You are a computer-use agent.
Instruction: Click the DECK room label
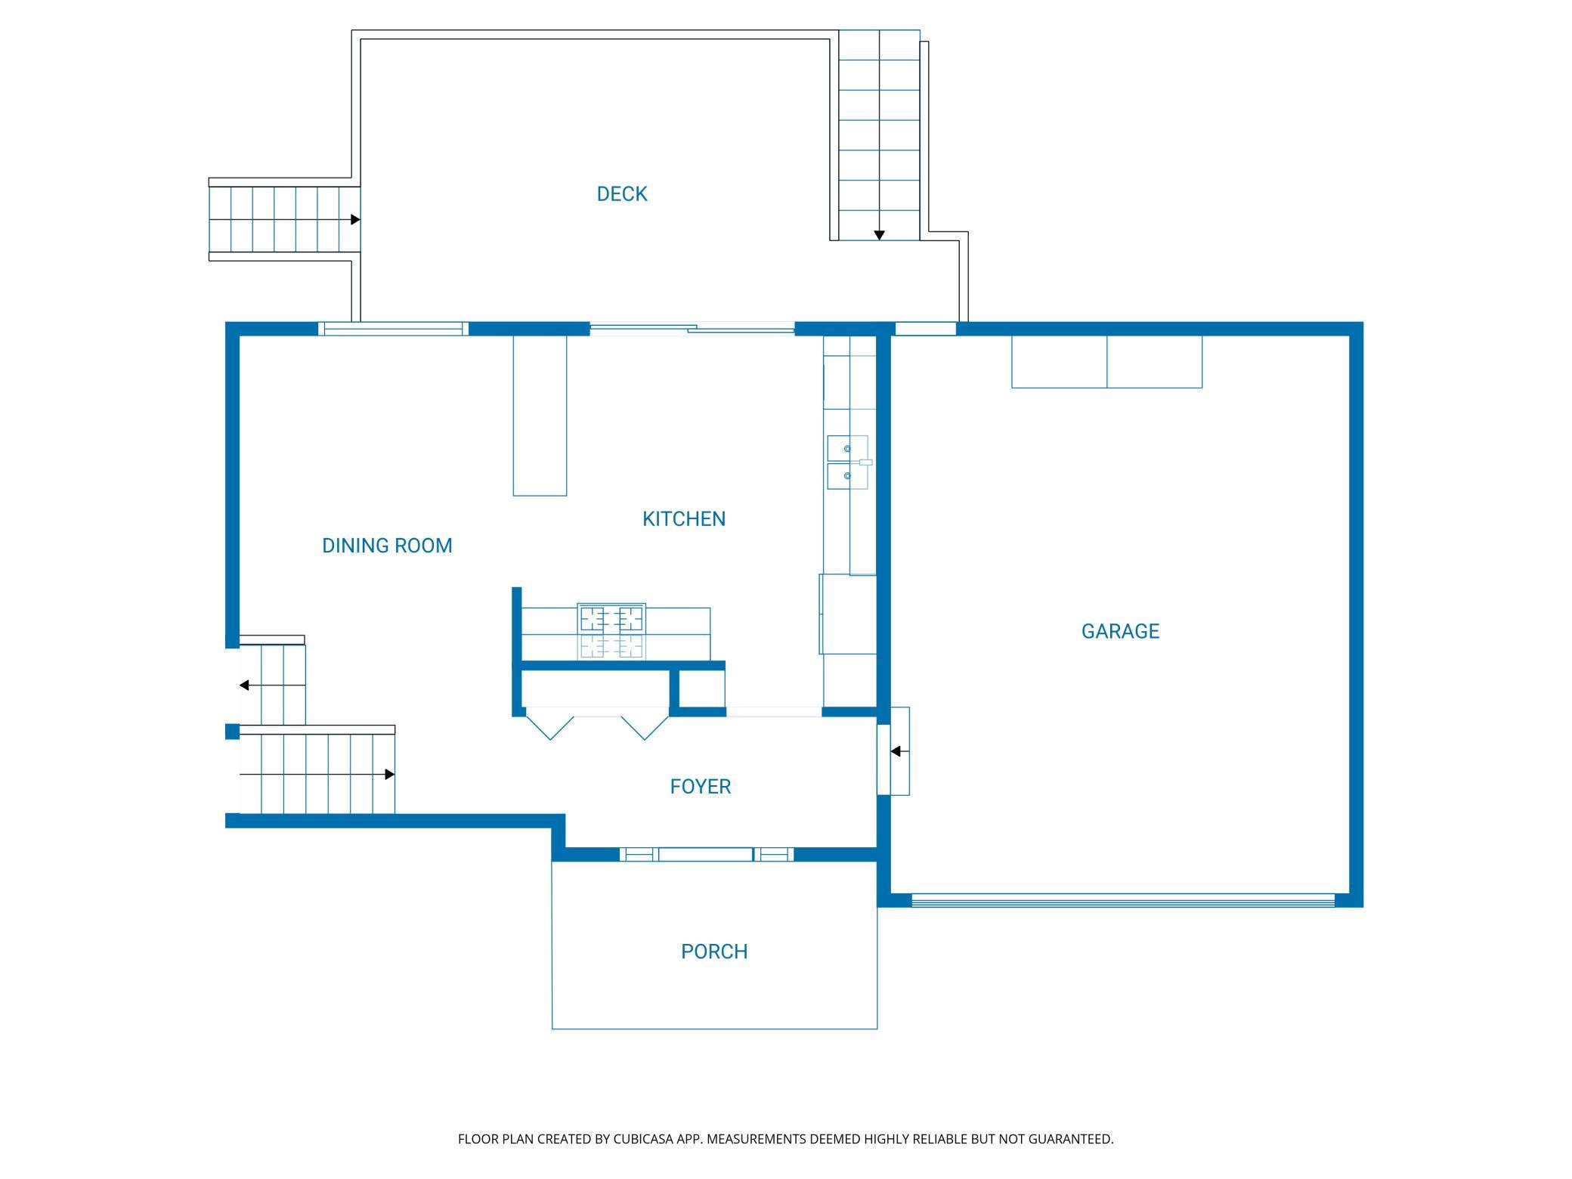pos(622,194)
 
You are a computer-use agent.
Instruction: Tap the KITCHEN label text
pos(684,519)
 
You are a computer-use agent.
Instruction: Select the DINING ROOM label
pos(387,546)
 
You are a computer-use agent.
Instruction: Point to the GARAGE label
pos(1120,631)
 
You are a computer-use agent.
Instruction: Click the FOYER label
pos(701,787)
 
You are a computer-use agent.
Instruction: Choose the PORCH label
pos(714,952)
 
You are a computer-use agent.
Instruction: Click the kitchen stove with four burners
pos(611,631)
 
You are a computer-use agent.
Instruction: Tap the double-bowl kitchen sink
pos(848,463)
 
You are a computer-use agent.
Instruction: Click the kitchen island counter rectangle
pos(540,416)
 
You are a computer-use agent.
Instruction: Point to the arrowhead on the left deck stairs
pos(355,220)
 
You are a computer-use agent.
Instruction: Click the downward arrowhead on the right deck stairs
pos(879,236)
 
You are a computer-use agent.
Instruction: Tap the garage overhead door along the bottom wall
pos(1123,900)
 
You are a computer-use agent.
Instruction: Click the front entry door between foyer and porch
pos(706,855)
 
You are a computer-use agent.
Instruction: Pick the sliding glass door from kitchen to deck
pos(692,329)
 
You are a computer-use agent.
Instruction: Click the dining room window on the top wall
pos(393,329)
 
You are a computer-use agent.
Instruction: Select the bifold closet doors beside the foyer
pos(597,724)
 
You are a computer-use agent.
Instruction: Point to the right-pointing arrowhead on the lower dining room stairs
pos(390,775)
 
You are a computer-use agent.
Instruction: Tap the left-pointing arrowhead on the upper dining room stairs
pos(244,685)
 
